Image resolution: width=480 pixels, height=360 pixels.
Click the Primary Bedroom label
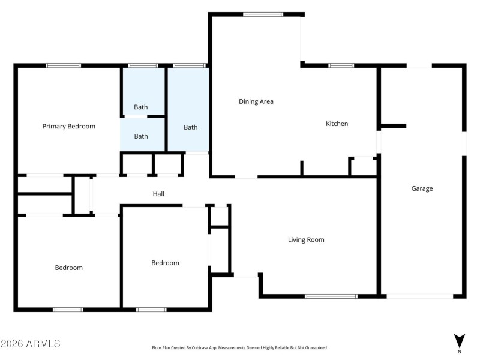pos(68,127)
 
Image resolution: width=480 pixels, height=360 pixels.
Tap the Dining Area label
pos(256,101)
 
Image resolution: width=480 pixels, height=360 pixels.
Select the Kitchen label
pos(337,124)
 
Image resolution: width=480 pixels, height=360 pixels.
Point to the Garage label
pos(422,188)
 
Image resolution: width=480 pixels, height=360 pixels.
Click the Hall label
pos(158,194)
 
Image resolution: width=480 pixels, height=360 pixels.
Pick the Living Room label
pos(306,240)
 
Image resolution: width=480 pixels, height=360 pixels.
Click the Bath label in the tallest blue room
pos(190,127)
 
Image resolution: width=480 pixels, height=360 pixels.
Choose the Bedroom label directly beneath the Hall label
pos(165,263)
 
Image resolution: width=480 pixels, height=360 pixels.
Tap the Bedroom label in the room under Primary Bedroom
pos(69,268)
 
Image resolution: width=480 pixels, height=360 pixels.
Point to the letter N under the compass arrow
pos(460,352)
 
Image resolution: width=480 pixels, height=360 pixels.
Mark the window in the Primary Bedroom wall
pos(64,65)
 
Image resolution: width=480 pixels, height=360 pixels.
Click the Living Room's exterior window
pos(331,296)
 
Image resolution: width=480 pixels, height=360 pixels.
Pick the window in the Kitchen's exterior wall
pos(341,65)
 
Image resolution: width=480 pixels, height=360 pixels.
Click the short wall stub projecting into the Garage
pos(393,126)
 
